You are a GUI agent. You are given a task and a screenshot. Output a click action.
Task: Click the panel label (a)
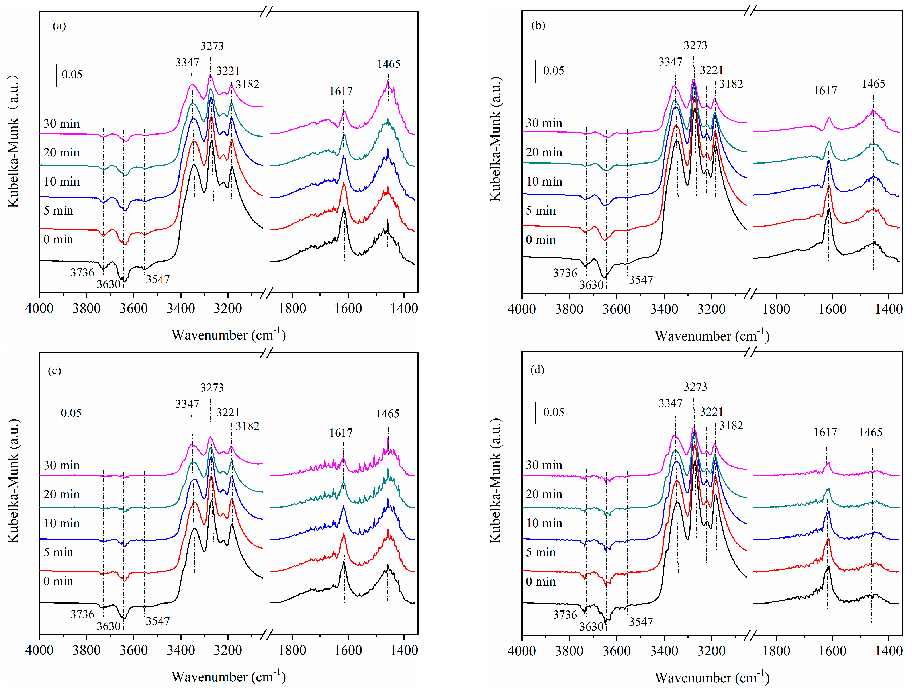pos(59,26)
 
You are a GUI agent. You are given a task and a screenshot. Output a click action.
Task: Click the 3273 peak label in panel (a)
pos(212,46)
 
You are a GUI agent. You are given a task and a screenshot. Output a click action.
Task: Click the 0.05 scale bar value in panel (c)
pos(71,413)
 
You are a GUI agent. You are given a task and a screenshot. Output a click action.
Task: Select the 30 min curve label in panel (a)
pos(61,124)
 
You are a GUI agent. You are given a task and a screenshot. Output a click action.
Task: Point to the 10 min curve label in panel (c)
pos(61,523)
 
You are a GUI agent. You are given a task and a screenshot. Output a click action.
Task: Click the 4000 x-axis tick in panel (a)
pos(39,308)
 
